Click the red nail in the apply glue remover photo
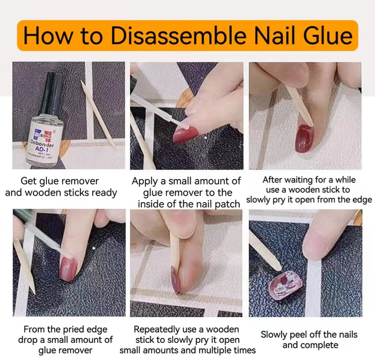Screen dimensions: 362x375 pyautogui.click(x=185, y=134)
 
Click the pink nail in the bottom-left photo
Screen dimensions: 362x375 pyautogui.click(x=68, y=268)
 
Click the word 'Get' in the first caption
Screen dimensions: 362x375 pyautogui.click(x=28, y=181)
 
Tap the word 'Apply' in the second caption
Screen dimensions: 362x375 pyautogui.click(x=144, y=181)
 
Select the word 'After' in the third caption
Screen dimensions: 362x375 pyautogui.click(x=274, y=180)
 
